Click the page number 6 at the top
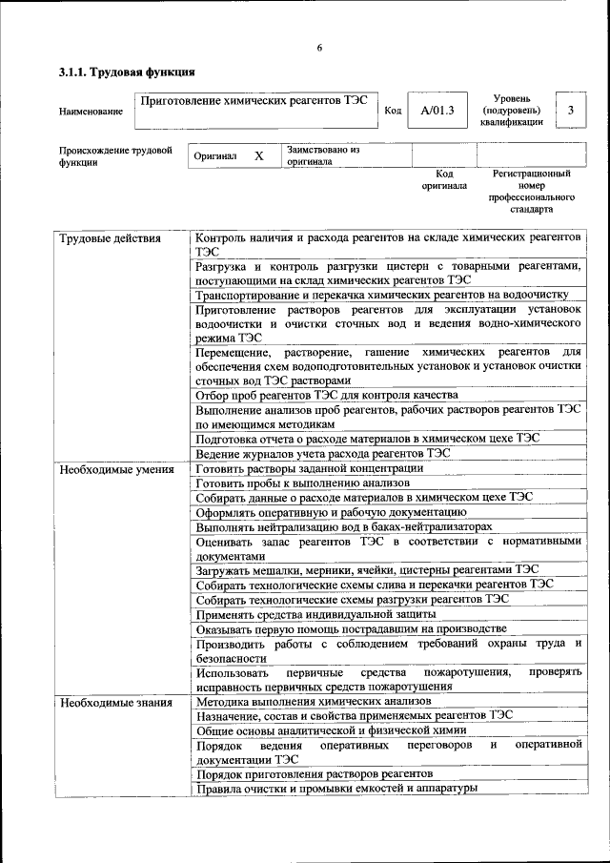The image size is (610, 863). point(320,48)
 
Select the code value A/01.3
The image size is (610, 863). point(437,111)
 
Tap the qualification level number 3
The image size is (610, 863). point(570,111)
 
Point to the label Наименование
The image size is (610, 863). point(91,112)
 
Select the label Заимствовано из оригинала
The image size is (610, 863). point(322,155)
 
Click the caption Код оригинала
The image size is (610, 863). point(444,179)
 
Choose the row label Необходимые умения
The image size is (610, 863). point(116,469)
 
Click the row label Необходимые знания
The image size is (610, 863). point(115,703)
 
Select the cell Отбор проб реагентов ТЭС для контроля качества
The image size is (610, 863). point(327,395)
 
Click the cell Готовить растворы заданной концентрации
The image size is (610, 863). point(310,468)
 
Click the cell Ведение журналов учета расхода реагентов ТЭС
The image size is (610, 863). point(322,453)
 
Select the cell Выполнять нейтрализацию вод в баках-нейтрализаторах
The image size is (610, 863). point(344,526)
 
